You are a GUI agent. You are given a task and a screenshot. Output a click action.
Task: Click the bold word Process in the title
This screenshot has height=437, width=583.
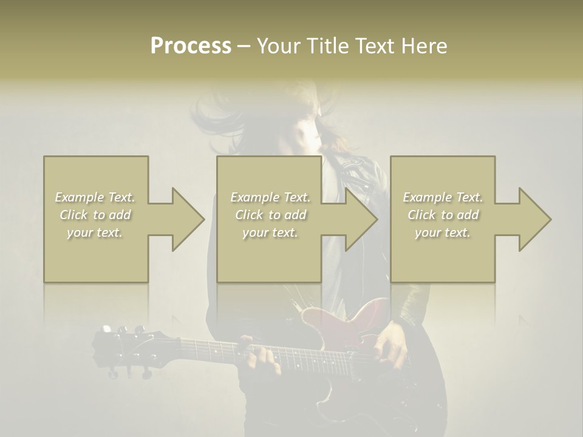(x=191, y=46)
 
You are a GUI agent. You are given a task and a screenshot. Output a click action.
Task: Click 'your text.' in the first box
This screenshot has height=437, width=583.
(x=95, y=232)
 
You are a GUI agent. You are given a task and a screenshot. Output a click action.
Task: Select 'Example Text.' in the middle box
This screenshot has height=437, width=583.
(x=270, y=197)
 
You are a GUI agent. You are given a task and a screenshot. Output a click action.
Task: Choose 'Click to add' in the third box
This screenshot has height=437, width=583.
(x=443, y=215)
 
